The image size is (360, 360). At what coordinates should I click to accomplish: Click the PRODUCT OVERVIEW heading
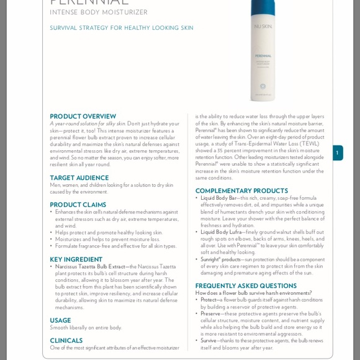83,116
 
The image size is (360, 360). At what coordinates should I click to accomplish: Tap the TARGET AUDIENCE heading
79,178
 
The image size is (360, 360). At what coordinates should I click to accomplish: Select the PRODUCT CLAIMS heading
78,205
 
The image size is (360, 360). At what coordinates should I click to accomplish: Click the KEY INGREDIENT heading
76,259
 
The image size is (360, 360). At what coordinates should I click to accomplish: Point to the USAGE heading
60,320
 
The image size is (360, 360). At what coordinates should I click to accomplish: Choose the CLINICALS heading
66,340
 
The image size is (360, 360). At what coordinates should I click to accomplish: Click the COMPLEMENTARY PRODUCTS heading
241,191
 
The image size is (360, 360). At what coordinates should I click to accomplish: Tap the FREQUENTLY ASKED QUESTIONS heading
246,286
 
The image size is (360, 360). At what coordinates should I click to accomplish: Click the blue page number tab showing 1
337,153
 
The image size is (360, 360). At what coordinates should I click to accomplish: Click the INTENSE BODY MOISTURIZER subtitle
99,12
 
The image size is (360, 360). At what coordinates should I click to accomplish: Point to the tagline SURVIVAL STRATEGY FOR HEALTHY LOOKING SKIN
122,28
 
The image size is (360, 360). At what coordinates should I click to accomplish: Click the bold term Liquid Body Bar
218,198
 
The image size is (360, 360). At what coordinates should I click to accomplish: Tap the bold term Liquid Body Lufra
221,232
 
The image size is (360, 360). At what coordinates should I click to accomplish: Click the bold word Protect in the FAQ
208,300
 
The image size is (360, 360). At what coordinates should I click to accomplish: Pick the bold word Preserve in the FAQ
210,313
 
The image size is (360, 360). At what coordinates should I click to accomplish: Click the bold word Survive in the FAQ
209,341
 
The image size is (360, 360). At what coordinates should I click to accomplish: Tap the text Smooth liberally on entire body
86,328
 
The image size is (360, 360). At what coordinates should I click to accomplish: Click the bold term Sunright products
220,259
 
